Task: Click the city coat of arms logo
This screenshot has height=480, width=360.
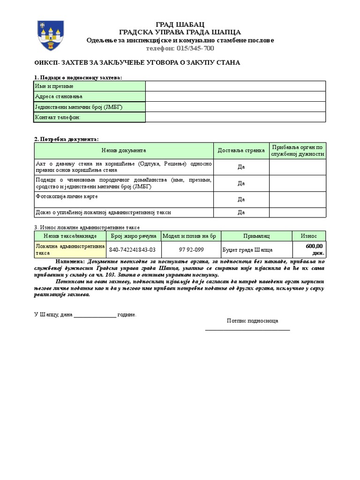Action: click(47, 36)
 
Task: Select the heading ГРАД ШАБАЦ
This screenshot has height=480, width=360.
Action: click(180, 24)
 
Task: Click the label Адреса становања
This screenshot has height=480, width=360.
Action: click(59, 97)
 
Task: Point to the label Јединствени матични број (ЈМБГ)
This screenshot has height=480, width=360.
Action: click(79, 107)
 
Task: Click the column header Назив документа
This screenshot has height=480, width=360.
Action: click(124, 150)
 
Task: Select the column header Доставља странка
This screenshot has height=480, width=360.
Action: click(241, 150)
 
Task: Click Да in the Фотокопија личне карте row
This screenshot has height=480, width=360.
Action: click(241, 199)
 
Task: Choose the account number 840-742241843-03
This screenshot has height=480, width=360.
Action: click(132, 250)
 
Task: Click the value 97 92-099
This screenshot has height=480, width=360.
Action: click(191, 250)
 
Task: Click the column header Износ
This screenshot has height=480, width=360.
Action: click(308, 236)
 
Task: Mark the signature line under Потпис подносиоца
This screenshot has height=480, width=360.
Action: click(247, 330)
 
